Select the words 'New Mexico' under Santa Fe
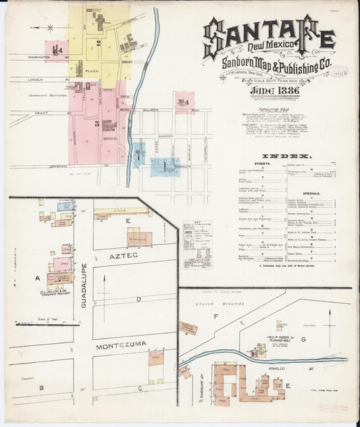[x=269, y=46]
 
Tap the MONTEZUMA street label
[x=122, y=345]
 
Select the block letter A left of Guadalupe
[x=38, y=277]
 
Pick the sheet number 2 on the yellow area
[x=98, y=43]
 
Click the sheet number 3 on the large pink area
[x=97, y=124]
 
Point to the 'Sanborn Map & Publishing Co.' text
[x=269, y=63]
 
